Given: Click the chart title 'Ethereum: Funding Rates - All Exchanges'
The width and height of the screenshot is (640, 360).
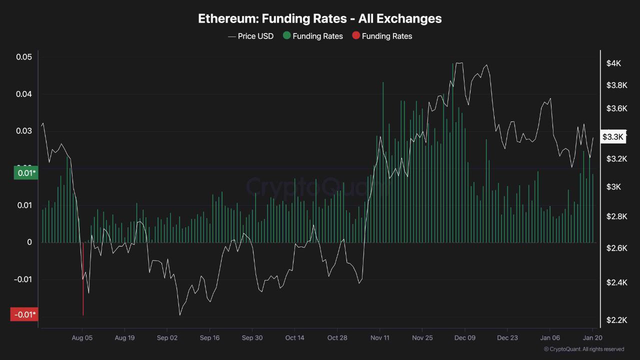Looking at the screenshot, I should pyautogui.click(x=320, y=18).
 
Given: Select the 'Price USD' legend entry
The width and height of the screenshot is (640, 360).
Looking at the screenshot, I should pyautogui.click(x=251, y=36).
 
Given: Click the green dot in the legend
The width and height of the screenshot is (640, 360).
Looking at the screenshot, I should pyautogui.click(x=286, y=35).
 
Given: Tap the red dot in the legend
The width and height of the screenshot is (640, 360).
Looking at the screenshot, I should pyautogui.click(x=356, y=35).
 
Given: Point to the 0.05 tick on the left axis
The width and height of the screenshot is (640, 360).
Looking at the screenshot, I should pyautogui.click(x=24, y=57).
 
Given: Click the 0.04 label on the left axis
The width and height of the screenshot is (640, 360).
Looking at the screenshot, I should pyautogui.click(x=24, y=94).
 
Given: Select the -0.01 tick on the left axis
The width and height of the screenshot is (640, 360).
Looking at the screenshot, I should pyautogui.click(x=22, y=279).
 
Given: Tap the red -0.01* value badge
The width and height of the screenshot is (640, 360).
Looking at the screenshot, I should pyautogui.click(x=24, y=314).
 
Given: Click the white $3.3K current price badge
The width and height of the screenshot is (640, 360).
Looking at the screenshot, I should pyautogui.click(x=613, y=136).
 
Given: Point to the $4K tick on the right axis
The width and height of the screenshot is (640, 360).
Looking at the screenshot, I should pyautogui.click(x=613, y=63).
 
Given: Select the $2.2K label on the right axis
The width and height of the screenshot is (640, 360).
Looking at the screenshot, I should pyautogui.click(x=616, y=320).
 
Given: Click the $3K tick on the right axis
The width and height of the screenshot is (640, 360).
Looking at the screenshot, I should pyautogui.click(x=613, y=187).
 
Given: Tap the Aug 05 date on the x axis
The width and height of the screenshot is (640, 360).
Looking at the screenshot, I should pyautogui.click(x=82, y=338).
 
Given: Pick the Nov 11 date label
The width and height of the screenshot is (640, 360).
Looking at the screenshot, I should pyautogui.click(x=380, y=338).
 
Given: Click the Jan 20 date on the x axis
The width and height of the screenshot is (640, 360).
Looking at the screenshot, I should pyautogui.click(x=592, y=338).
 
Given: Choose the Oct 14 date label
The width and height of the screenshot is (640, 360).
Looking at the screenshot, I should pyautogui.click(x=294, y=338).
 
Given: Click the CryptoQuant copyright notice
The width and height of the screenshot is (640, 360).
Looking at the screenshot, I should pyautogui.click(x=583, y=349).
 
